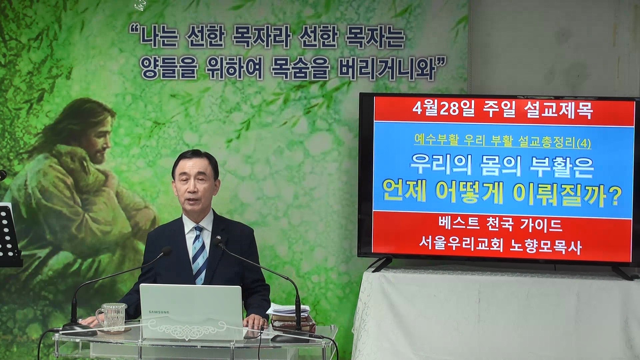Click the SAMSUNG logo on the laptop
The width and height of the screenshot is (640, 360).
pos(159,312)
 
